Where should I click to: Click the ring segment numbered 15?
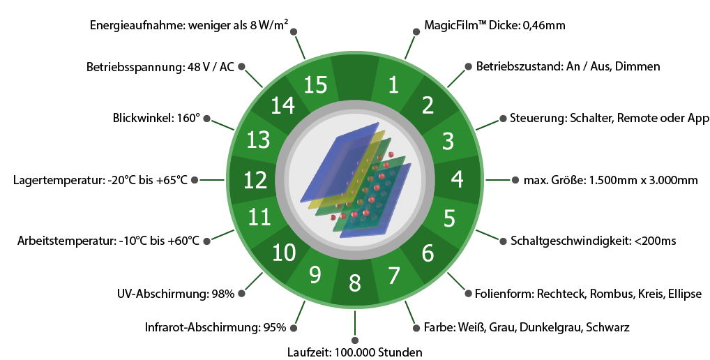pos(315,84)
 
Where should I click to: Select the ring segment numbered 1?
pos(393,84)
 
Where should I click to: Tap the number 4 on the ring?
pos(457,179)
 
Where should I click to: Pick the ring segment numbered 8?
pos(355,283)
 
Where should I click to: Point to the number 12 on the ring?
pos(255,181)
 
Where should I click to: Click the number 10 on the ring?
pos(284,252)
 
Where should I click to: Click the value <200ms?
pos(655,241)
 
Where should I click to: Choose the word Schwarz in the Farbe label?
pos(607,327)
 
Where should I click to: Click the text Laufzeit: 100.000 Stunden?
pos(355,352)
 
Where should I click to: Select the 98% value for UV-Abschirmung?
pos(222,294)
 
